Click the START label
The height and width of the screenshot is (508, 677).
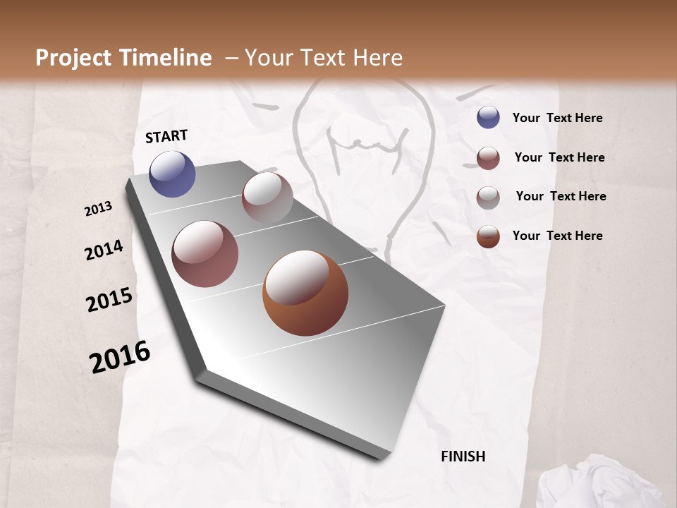coord(166,136)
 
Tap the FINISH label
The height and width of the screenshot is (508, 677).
coord(463,456)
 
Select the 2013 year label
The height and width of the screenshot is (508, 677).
coord(98,209)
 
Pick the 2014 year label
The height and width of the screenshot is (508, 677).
coord(104,250)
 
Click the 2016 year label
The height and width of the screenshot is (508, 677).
coord(120,357)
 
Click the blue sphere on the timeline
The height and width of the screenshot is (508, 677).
coord(172,174)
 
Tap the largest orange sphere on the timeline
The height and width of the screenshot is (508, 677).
coord(305,293)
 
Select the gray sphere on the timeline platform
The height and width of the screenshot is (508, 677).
coord(267,197)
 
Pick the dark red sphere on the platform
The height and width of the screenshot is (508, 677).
coord(205,254)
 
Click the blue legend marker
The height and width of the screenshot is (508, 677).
coord(488,117)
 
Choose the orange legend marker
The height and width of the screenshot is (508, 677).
coord(488,236)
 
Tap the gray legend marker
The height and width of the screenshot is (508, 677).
coord(488,197)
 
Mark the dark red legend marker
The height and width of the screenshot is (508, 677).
coord(488,157)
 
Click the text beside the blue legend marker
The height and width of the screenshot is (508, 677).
coord(557,118)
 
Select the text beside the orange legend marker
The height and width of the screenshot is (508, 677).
coord(557,236)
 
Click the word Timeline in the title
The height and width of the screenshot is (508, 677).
coord(166,58)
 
